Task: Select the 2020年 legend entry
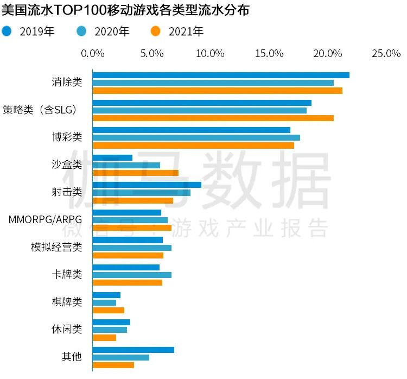tap(103, 31)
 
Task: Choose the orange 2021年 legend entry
tap(177, 31)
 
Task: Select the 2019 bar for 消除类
tap(221, 75)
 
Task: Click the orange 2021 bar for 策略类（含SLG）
tap(213, 118)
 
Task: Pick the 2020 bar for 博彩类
tap(196, 137)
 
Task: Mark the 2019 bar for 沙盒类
tap(112, 157)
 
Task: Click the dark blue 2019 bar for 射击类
tap(147, 185)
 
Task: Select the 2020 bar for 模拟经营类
tap(132, 248)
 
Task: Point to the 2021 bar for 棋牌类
tap(109, 310)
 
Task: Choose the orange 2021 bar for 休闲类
tap(104, 338)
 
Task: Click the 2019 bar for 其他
tap(133, 350)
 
